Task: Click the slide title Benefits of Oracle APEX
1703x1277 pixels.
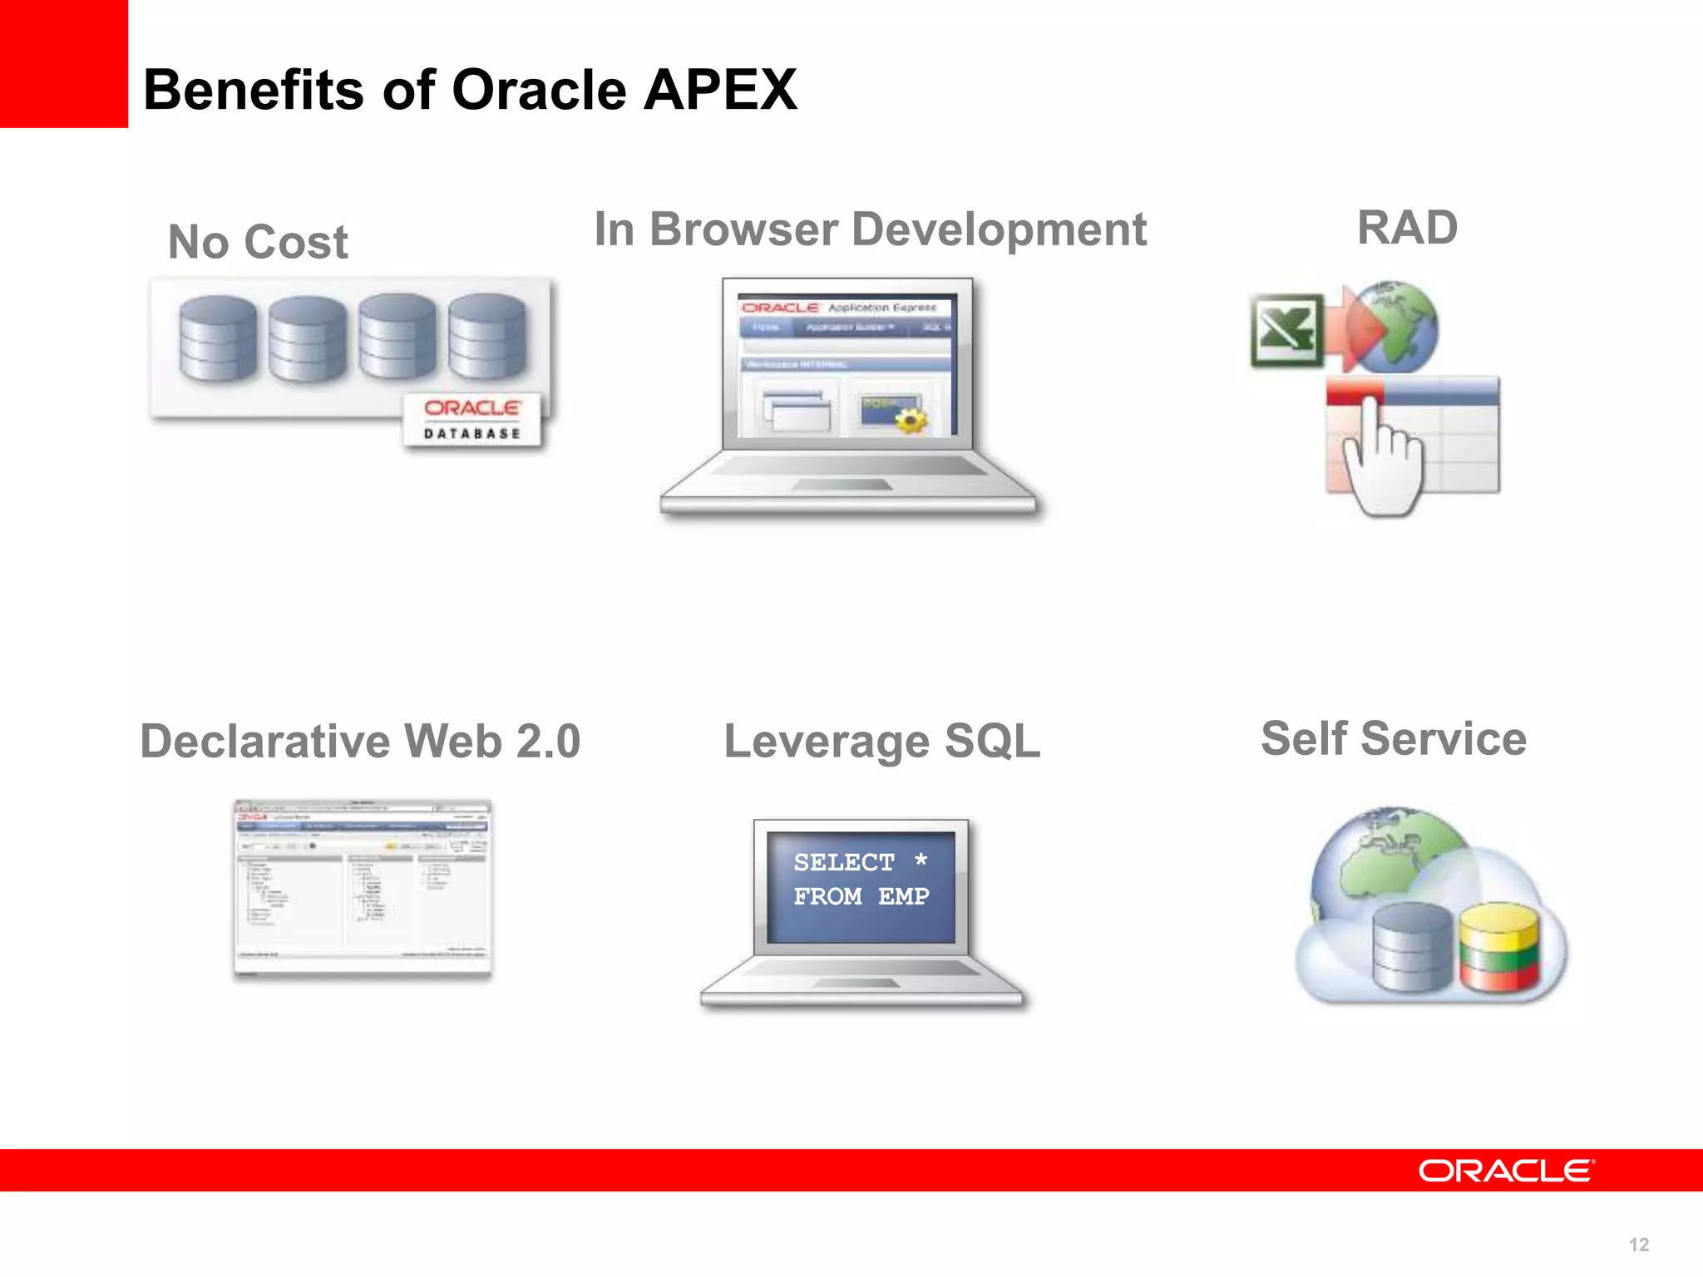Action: coord(470,90)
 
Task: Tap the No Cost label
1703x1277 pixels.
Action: coord(258,242)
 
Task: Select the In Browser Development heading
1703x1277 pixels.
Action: coord(870,229)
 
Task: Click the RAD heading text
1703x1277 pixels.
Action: coord(1407,227)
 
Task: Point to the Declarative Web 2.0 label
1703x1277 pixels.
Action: coord(359,741)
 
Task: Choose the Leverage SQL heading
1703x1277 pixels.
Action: coord(881,741)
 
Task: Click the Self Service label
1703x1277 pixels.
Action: coord(1394,738)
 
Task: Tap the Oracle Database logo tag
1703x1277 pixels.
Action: coord(471,420)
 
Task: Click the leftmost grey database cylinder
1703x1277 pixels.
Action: coord(218,338)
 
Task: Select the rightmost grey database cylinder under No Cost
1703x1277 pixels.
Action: coord(487,336)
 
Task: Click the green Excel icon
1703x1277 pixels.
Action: coord(1286,330)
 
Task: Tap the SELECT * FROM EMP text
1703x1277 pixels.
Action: coord(861,880)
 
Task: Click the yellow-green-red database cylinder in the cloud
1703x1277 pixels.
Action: coord(1499,948)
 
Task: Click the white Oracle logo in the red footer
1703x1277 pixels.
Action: coord(1506,1171)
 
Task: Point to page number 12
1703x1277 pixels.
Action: coord(1638,1245)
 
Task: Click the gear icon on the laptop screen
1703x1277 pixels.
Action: coord(911,420)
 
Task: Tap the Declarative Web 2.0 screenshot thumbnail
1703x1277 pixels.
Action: coord(363,888)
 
